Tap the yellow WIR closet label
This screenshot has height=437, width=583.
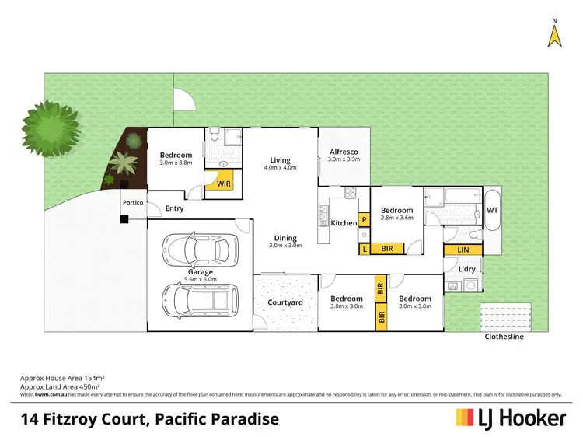click(x=224, y=184)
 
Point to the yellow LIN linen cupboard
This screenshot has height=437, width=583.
click(x=463, y=249)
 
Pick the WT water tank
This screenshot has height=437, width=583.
click(x=492, y=210)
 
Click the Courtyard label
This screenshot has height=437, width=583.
click(x=285, y=302)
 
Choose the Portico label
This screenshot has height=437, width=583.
click(x=132, y=202)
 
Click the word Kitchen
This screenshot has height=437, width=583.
click(x=344, y=223)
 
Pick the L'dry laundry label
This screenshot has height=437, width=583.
click(x=466, y=269)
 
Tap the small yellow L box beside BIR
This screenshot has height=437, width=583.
click(x=364, y=249)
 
